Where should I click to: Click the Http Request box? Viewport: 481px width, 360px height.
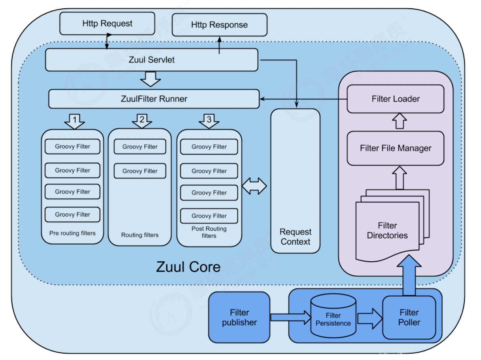tap(107, 23)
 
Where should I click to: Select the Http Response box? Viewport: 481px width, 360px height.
tap(220, 25)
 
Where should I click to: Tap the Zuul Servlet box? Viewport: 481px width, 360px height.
tap(152, 60)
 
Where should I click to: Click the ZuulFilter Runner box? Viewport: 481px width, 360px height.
tap(154, 99)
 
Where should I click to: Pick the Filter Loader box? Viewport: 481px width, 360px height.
tap(396, 99)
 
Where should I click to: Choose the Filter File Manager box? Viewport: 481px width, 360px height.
tap(396, 148)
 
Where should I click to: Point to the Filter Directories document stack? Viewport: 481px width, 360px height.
tap(388, 230)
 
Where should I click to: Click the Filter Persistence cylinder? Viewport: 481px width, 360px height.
tap(333, 319)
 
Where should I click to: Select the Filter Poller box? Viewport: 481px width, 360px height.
tap(409, 317)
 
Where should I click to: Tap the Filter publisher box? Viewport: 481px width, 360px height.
tap(239, 317)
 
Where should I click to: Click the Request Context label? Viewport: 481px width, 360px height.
tap(295, 237)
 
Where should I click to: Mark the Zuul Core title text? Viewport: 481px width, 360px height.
tap(188, 267)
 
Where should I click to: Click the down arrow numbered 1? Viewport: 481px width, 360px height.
tap(74, 121)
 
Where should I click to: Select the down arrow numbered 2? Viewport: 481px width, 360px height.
tap(142, 121)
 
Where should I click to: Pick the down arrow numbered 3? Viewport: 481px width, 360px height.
tap(209, 121)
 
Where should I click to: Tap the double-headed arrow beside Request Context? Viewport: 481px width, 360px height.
tap(254, 186)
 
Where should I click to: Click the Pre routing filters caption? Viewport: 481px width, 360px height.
tap(72, 233)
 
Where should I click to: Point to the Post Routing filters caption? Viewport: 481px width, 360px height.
tap(209, 232)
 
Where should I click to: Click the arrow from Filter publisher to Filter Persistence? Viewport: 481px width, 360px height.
tap(291, 317)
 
